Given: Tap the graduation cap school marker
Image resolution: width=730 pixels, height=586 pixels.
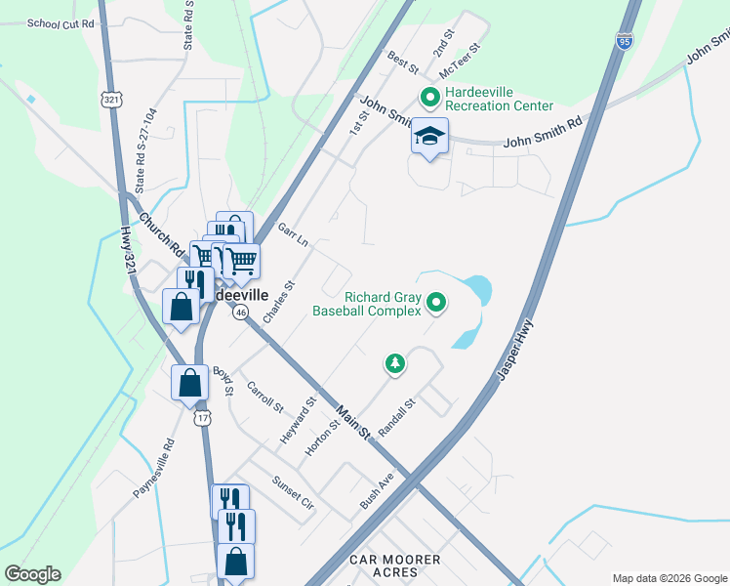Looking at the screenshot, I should pos(429,138).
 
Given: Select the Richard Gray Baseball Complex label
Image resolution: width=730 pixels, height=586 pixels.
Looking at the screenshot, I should pos(367,304).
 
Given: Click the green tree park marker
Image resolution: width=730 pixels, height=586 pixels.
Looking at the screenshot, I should pos(395,364).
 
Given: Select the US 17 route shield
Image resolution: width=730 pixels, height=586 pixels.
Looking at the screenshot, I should pos(202,418).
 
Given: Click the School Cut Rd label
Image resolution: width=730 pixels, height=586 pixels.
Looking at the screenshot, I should pos(61,22).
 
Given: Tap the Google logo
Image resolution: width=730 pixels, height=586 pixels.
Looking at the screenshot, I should pos(32,574).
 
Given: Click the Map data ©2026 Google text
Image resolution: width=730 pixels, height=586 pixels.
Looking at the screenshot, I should pos(669,578).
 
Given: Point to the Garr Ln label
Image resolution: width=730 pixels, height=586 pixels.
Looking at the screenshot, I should pos(293,236).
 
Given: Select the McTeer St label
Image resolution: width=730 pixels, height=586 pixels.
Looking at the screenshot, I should pos(461,61).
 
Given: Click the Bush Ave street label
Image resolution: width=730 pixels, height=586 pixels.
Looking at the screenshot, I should pos(376,491).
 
